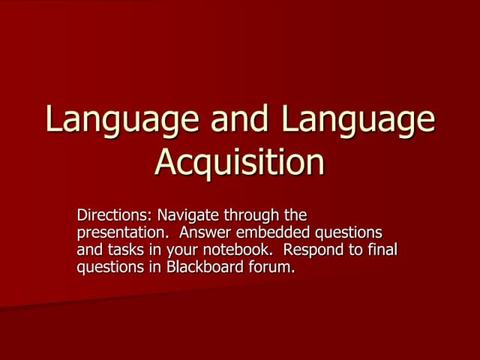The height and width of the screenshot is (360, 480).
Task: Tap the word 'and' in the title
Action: [232, 121]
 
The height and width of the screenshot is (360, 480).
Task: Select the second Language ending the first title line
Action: [355, 121]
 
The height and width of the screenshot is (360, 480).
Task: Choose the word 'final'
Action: [379, 250]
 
